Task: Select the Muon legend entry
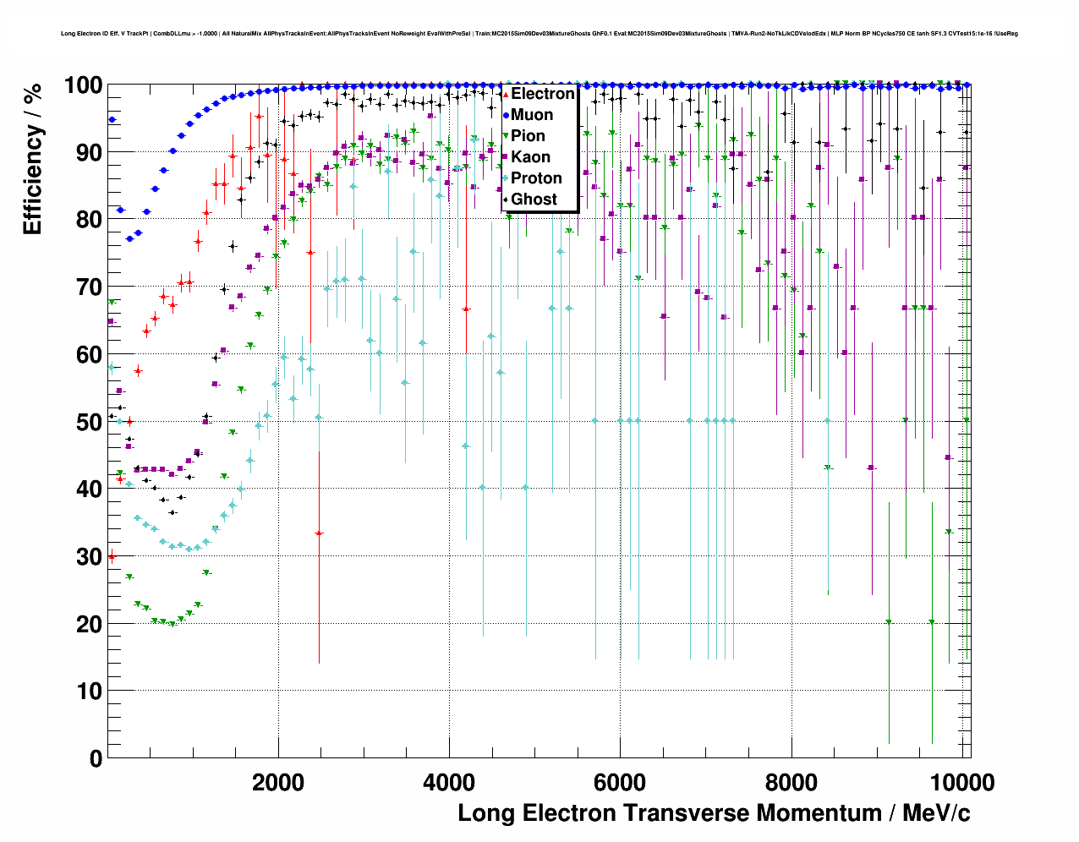click(x=532, y=115)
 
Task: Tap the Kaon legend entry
click(x=530, y=157)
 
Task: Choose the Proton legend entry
click(x=536, y=178)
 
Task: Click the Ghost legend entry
click(x=534, y=200)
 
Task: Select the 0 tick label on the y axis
click(x=95, y=758)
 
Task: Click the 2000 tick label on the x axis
click(x=278, y=783)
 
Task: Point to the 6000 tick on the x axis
click(x=620, y=783)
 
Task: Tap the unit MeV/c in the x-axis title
click(x=936, y=813)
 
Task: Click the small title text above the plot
click(x=539, y=34)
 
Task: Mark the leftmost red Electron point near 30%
click(x=112, y=557)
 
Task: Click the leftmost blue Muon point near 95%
click(x=112, y=120)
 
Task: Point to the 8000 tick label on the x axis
click(x=791, y=783)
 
